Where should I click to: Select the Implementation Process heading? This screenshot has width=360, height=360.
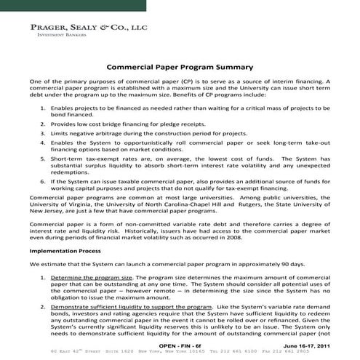pyautogui.click(x=65, y=249)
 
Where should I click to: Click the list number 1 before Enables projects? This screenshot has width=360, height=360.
pyautogui.click(x=43, y=108)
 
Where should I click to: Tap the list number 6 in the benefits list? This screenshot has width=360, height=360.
pyautogui.click(x=43, y=180)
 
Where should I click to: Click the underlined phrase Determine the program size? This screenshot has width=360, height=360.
pyautogui.click(x=91, y=278)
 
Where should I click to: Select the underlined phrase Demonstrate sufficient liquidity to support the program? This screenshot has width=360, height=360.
pyautogui.click(x=135, y=308)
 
